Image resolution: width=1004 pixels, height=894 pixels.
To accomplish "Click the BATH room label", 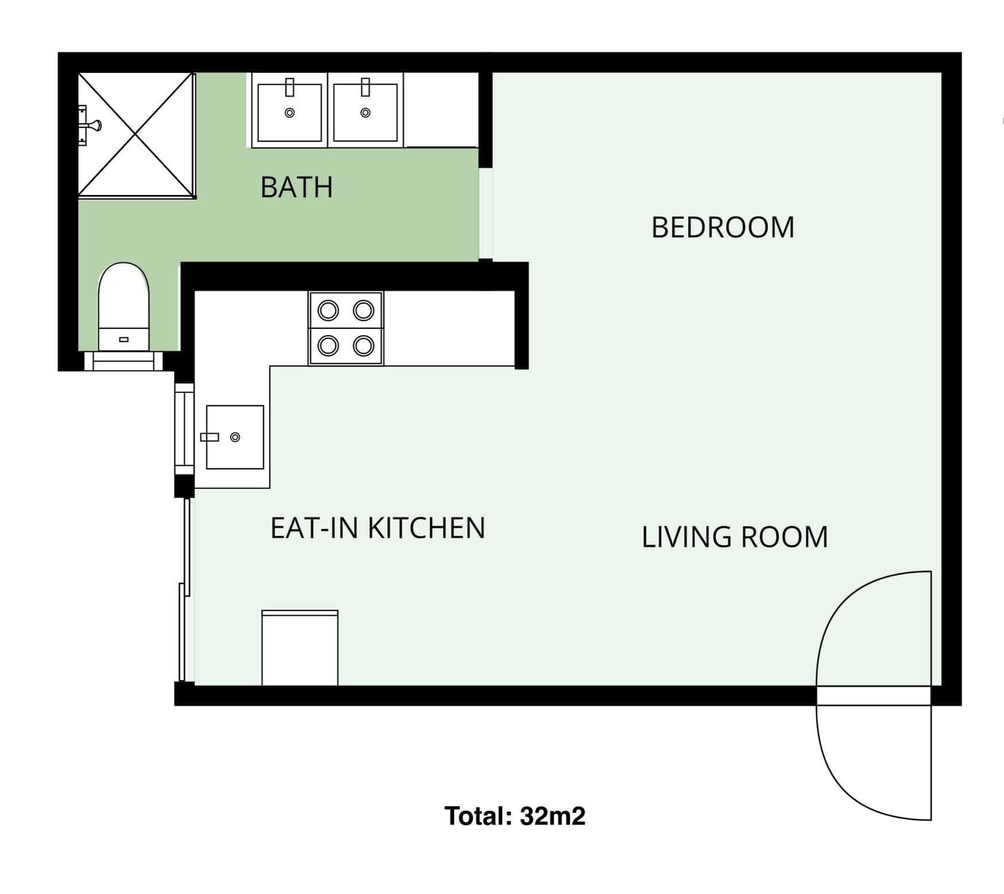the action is (297, 187).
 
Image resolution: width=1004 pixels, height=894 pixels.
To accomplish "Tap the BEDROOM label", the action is (723, 227).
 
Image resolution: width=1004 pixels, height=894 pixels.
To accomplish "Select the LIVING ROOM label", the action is (734, 537).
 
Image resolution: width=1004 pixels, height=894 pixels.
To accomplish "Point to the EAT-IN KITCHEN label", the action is (378, 528).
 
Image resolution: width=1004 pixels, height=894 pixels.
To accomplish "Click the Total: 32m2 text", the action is (515, 815).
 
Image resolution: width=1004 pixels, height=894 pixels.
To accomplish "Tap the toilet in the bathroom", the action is (123, 306).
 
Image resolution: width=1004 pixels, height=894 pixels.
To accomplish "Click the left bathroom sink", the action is (290, 112).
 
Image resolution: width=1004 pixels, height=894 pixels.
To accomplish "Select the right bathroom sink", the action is (365, 112).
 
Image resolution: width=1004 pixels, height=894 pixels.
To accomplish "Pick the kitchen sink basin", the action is (235, 437).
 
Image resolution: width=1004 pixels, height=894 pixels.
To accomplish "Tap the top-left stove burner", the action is (328, 310).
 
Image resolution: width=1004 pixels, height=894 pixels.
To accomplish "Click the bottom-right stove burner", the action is (364, 346).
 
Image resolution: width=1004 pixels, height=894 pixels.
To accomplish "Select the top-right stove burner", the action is (364, 310).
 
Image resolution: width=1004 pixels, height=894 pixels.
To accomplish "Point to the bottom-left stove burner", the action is (328, 346).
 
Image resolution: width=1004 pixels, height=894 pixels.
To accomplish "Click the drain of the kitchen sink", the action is (235, 437).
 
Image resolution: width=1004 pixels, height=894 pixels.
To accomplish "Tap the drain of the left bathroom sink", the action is (290, 113).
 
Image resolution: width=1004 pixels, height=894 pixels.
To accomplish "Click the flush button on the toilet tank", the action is (124, 340).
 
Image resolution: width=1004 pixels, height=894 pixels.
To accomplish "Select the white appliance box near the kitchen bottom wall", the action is (300, 648).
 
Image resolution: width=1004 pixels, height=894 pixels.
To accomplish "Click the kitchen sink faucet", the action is (209, 437).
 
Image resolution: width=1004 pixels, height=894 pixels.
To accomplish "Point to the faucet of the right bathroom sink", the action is (365, 87).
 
